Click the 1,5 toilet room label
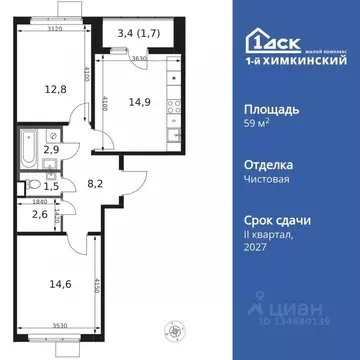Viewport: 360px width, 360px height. click(x=34, y=185)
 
